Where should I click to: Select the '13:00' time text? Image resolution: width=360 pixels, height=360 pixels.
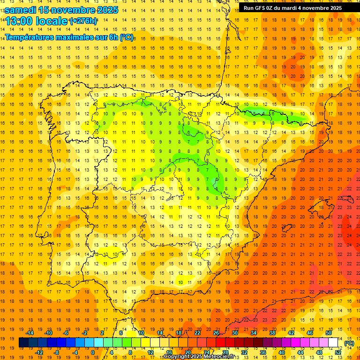click(x=19, y=21)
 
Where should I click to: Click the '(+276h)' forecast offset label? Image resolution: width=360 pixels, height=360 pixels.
click(x=84, y=21)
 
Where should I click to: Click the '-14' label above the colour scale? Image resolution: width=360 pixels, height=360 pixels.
click(x=30, y=332)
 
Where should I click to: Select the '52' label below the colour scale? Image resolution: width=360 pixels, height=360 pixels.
click(x=338, y=352)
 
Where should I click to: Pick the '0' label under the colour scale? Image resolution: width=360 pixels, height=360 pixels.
click(x=92, y=352)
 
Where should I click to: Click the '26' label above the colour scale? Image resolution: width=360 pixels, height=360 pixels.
click(x=216, y=332)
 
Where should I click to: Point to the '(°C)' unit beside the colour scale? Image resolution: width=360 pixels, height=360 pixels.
click(x=349, y=343)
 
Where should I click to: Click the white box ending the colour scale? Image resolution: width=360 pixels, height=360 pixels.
click(x=333, y=343)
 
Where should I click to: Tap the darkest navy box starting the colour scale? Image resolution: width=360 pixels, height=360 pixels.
click(x=23, y=343)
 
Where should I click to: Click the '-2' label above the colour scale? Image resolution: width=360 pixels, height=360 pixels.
click(x=84, y=332)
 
